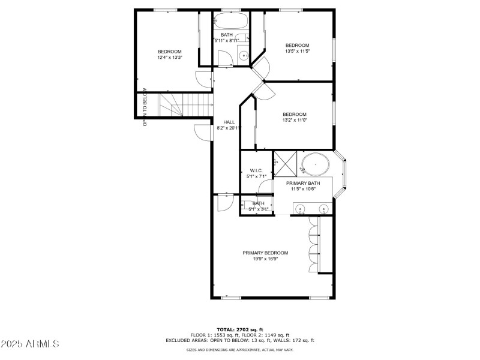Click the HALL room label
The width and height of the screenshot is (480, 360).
click(x=229, y=122)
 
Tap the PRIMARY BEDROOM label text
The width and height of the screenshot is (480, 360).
click(x=265, y=253)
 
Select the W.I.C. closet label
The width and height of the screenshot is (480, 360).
click(x=256, y=170)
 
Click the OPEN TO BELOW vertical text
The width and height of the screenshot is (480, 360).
click(x=145, y=107)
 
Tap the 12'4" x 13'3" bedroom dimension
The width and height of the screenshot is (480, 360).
click(x=170, y=58)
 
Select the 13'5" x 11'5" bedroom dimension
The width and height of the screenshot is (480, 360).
click(x=297, y=52)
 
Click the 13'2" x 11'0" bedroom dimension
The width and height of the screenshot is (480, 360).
click(x=295, y=120)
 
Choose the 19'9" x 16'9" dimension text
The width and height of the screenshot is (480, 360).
click(x=265, y=259)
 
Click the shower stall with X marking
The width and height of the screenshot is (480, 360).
click(x=285, y=163)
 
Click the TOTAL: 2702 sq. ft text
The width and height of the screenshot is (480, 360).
click(x=239, y=330)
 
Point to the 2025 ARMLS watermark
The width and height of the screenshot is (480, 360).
click(x=30, y=344)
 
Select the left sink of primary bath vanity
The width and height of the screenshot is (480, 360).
click(x=301, y=208)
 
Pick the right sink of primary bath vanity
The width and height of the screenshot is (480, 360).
click(x=323, y=208)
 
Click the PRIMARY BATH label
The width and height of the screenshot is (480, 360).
click(x=303, y=183)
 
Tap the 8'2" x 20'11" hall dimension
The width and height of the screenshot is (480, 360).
click(x=229, y=128)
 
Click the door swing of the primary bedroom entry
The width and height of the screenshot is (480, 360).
click(x=223, y=202)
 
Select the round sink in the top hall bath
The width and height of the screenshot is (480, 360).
click(x=243, y=56)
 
